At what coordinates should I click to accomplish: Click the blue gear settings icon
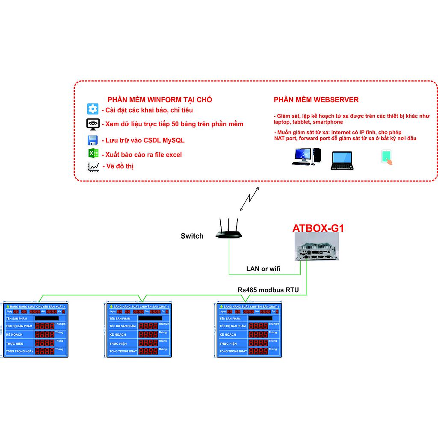pos(93,109)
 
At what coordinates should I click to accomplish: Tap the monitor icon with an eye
pos(93,124)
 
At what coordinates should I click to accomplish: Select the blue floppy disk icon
pos(93,140)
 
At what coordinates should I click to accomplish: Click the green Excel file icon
pos(93,154)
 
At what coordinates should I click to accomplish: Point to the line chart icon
pos(93,167)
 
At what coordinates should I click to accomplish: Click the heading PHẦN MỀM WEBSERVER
pos(316,100)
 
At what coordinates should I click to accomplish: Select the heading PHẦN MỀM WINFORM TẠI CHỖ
pos(160,100)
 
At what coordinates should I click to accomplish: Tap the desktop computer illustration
pos(306,157)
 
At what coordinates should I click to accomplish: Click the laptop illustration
pos(341,161)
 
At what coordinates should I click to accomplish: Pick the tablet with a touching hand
pos(387,157)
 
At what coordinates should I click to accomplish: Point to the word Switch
pos(192,236)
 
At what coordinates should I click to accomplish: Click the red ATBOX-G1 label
pos(318,228)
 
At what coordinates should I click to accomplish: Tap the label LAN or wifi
pos(263,269)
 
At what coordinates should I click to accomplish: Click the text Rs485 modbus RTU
pos(268,290)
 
